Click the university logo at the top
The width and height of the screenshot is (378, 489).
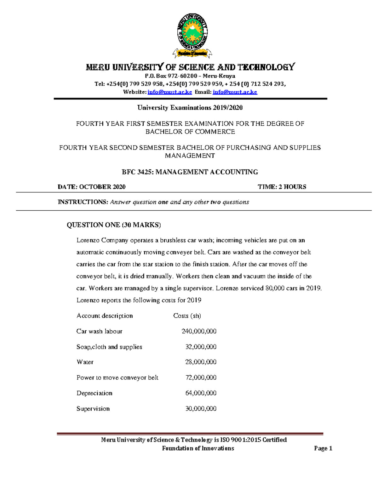click(x=192, y=35)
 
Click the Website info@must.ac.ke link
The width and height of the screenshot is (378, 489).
click(x=169, y=92)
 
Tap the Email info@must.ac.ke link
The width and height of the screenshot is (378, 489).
click(x=235, y=92)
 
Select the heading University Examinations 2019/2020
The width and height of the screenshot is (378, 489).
click(x=190, y=108)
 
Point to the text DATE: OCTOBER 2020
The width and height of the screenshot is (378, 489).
click(x=91, y=187)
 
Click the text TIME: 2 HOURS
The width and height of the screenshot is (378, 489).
click(x=282, y=187)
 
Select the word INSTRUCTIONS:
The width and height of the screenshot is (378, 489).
click(x=83, y=202)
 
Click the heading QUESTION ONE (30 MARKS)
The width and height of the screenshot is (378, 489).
click(x=114, y=225)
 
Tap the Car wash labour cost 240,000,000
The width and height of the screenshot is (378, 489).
click(x=199, y=331)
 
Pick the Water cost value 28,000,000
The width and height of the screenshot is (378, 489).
click(x=201, y=362)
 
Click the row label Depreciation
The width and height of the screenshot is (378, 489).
click(x=94, y=393)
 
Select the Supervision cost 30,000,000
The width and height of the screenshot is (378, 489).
click(x=201, y=409)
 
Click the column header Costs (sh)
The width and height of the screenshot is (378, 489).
click(x=187, y=316)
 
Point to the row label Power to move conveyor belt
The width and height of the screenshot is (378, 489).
click(x=117, y=378)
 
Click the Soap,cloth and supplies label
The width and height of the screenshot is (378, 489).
click(x=109, y=347)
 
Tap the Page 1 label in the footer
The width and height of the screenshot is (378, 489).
click(x=323, y=448)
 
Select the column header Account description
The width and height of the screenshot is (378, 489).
click(x=105, y=316)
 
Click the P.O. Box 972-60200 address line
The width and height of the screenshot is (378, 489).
click(x=190, y=76)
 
